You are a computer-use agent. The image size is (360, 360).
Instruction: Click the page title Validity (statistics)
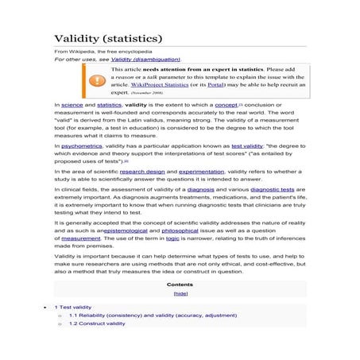tap(108, 38)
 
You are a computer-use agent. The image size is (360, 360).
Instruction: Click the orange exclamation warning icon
tap(96, 80)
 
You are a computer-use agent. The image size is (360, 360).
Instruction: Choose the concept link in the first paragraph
tap(226, 104)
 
